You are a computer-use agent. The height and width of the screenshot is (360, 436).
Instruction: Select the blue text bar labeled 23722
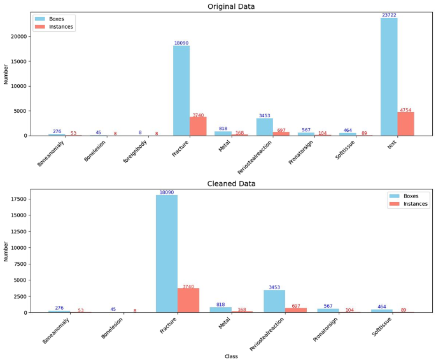[389, 76]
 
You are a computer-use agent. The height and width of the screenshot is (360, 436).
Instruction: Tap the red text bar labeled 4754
[405, 124]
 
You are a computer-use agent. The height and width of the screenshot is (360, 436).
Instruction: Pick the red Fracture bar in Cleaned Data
[188, 300]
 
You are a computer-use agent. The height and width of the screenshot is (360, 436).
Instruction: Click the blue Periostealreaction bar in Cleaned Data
[274, 301]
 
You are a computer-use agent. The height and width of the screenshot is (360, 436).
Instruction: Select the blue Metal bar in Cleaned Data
[221, 310]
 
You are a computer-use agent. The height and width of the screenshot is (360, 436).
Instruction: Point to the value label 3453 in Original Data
[264, 116]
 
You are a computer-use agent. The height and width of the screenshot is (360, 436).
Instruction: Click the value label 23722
[389, 15]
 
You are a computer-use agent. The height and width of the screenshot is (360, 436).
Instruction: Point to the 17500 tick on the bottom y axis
[17, 199]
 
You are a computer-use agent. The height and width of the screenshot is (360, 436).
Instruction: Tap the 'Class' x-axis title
[231, 356]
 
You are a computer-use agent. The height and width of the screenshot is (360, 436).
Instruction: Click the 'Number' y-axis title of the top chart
[6, 74]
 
